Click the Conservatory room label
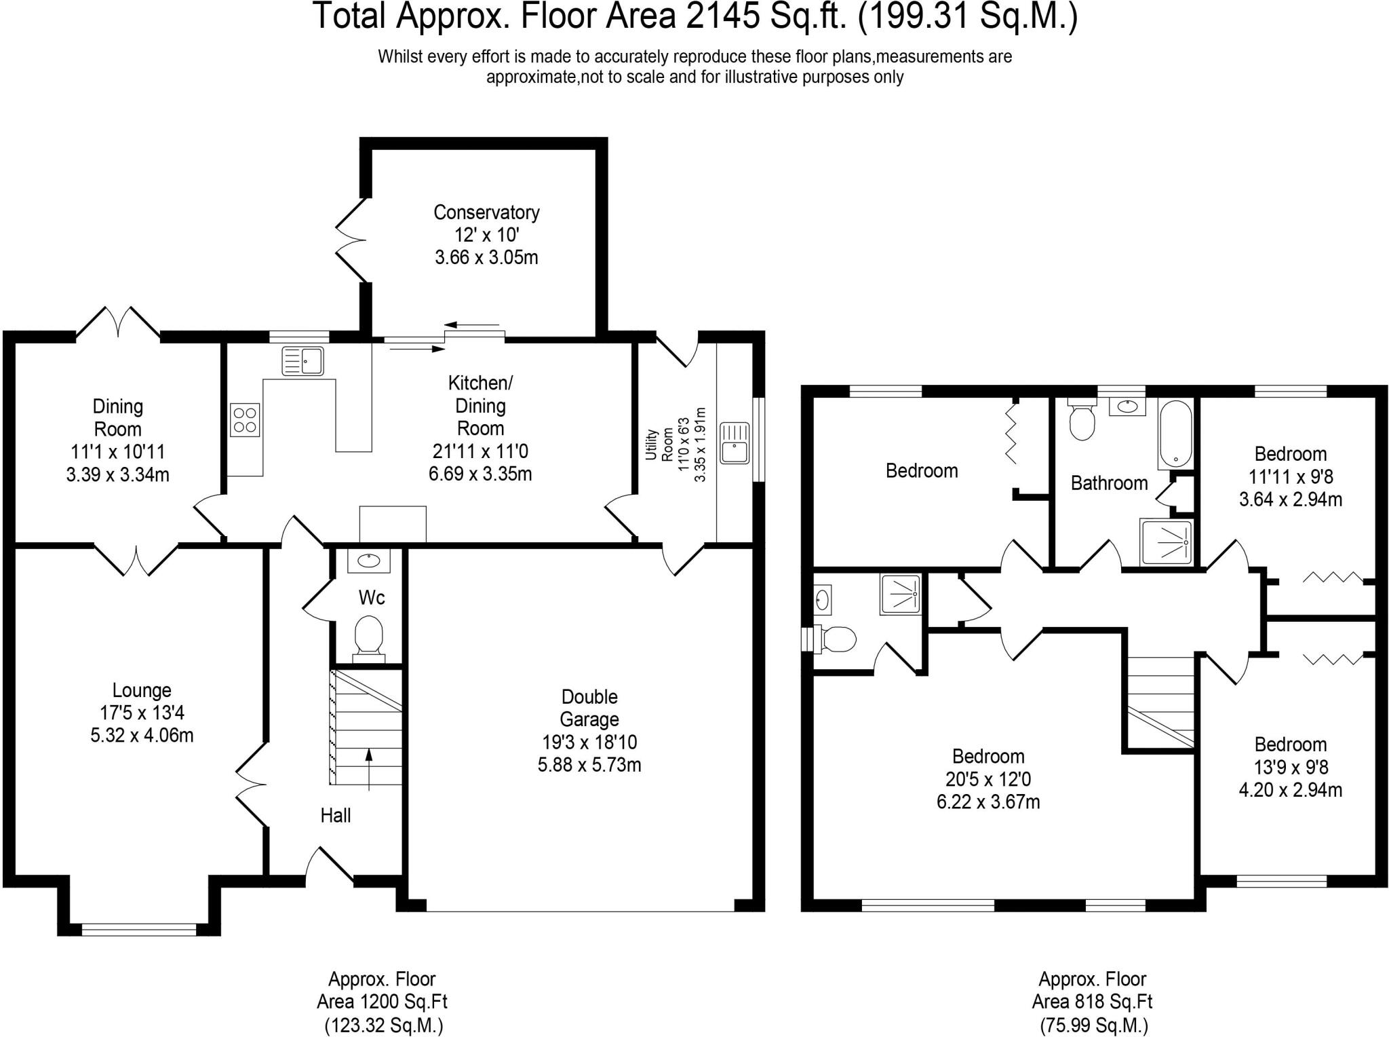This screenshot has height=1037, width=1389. pyautogui.click(x=486, y=212)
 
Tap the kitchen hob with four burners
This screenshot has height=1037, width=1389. pyautogui.click(x=245, y=419)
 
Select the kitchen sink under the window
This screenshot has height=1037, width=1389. pyautogui.click(x=303, y=360)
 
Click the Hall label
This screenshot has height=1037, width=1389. pyautogui.click(x=336, y=815)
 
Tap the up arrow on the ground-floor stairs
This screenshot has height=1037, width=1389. pyautogui.click(x=369, y=769)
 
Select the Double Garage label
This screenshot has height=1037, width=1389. pyautogui.click(x=589, y=708)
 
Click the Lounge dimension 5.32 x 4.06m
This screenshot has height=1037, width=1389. pyautogui.click(x=142, y=736)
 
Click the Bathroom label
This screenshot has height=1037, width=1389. pyautogui.click(x=1109, y=483)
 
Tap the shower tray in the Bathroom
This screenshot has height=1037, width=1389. pyautogui.click(x=1165, y=542)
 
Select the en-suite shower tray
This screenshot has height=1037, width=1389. pyautogui.click(x=900, y=595)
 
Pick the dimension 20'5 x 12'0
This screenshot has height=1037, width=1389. pyautogui.click(x=988, y=779)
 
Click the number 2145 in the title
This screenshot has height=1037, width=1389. pyautogui.click(x=722, y=16)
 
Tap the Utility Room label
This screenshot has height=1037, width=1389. pyautogui.click(x=659, y=445)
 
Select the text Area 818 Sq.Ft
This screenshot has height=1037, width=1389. pyautogui.click(x=1092, y=1001)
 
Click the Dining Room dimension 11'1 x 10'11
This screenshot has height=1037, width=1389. pyautogui.click(x=118, y=452)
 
